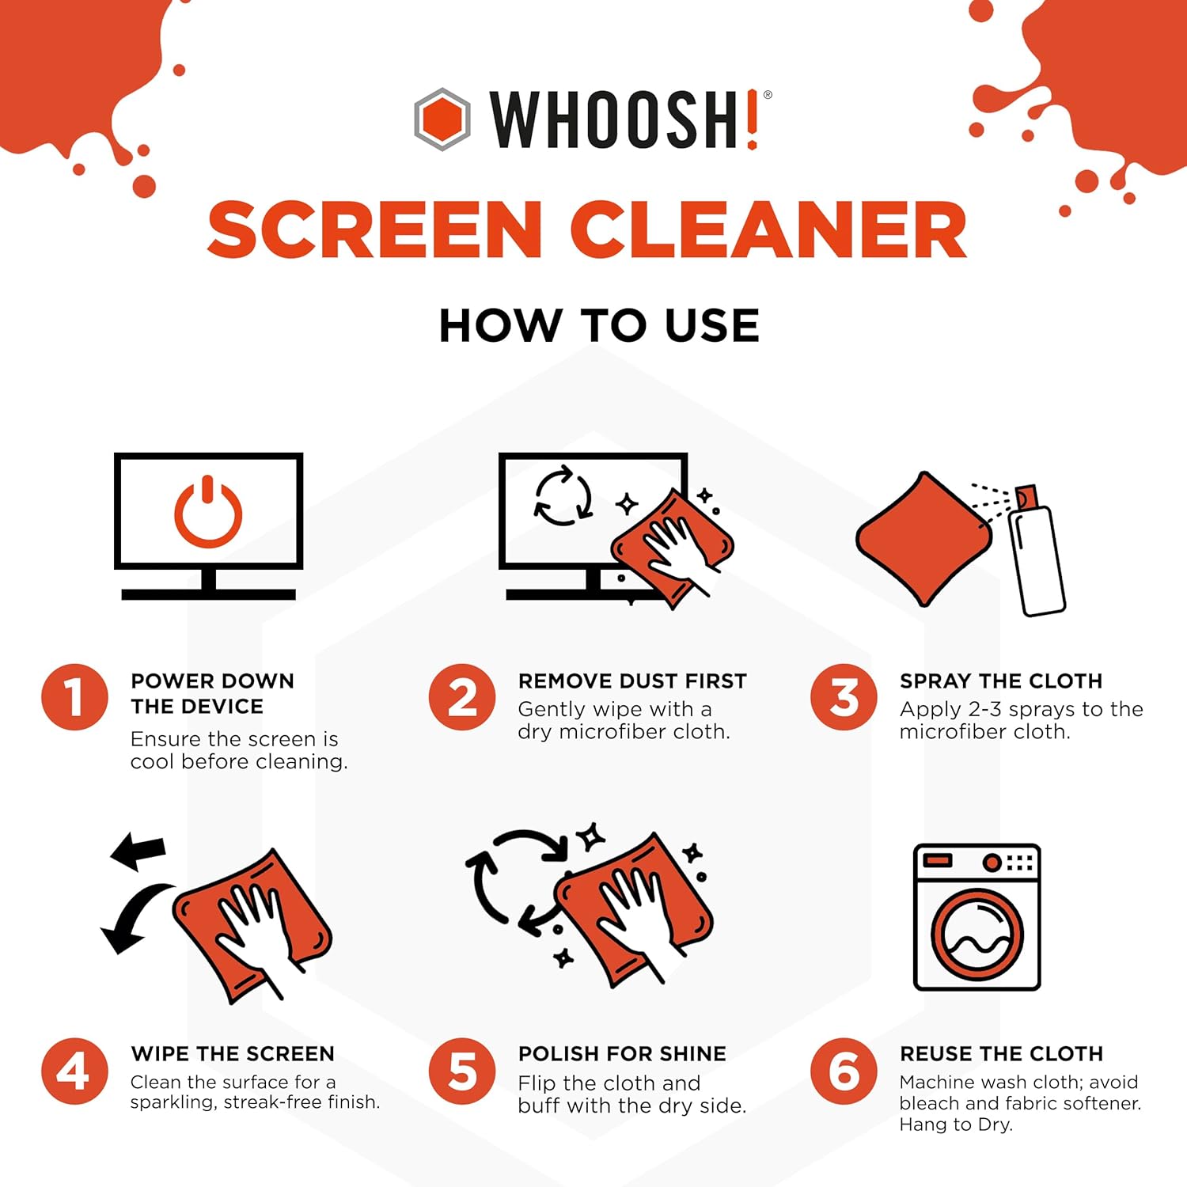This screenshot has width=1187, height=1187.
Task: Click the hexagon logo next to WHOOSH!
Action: click(x=442, y=119)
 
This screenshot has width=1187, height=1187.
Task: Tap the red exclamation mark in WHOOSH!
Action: click(x=752, y=119)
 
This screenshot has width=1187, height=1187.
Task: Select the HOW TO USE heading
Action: click(x=599, y=325)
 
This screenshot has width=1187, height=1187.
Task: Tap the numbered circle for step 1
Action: click(x=74, y=697)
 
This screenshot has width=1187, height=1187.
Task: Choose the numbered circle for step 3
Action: click(x=844, y=697)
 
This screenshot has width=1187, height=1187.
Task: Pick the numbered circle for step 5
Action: click(x=462, y=1071)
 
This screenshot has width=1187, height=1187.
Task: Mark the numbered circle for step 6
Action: click(x=844, y=1071)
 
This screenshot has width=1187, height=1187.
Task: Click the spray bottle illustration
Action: click(x=1038, y=554)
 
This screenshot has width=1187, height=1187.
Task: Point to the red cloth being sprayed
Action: click(x=923, y=540)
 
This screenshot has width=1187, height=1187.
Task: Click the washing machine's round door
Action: click(x=977, y=935)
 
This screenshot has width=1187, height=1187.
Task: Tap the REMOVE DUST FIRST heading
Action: click(x=632, y=681)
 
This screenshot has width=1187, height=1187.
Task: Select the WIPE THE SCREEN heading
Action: click(x=233, y=1054)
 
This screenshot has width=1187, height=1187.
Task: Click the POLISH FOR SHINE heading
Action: click(x=622, y=1054)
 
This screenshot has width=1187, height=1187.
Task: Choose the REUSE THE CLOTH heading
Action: click(x=1001, y=1054)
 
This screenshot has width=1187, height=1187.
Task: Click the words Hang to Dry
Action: click(x=956, y=1124)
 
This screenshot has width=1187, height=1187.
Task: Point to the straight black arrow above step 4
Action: click(x=138, y=851)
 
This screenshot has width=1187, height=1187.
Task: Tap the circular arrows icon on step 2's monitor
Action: click(x=563, y=496)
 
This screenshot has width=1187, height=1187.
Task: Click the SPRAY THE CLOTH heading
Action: click(x=1001, y=681)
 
